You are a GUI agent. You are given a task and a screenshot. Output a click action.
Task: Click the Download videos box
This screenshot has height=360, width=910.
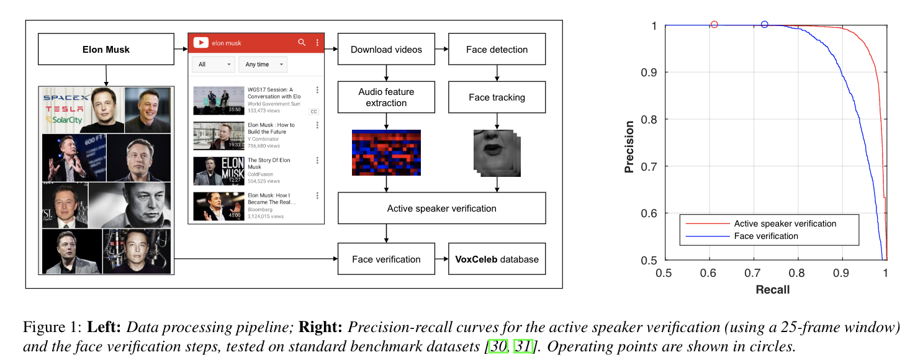tap(386, 50)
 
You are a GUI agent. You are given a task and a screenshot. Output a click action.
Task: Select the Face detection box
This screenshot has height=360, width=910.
tap(497, 50)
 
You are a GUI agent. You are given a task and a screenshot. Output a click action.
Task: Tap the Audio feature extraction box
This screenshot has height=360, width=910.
tap(386, 97)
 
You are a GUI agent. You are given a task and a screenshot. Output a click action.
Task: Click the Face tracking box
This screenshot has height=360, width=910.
tap(497, 97)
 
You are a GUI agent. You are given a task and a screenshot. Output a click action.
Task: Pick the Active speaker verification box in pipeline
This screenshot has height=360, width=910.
tap(441, 209)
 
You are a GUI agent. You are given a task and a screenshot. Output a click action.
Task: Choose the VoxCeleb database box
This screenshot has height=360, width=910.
tap(497, 259)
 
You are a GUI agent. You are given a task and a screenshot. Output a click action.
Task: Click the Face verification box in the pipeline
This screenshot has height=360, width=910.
tap(386, 259)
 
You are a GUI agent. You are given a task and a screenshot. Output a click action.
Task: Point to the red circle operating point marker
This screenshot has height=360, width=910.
tap(714, 25)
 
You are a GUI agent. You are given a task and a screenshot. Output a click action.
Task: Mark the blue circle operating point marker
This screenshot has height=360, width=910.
tap(764, 25)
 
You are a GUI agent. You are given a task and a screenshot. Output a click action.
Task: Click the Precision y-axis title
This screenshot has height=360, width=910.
tap(629, 147)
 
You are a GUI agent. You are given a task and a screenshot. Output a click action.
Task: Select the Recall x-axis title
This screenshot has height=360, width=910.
tap(772, 290)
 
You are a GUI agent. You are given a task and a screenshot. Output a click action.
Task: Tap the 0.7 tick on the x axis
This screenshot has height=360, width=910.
tap(753, 272)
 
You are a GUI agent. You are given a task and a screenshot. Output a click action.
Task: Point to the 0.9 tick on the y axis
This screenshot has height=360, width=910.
tap(649, 73)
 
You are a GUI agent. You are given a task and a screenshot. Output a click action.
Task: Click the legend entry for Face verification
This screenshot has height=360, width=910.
tap(766, 236)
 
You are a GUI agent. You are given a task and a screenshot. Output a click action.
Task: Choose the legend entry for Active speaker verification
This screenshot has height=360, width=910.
tap(785, 223)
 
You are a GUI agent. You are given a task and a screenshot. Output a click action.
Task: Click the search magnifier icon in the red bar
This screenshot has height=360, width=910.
tap(302, 43)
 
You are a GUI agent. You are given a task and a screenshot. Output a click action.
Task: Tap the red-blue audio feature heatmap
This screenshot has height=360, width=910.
tap(386, 153)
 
